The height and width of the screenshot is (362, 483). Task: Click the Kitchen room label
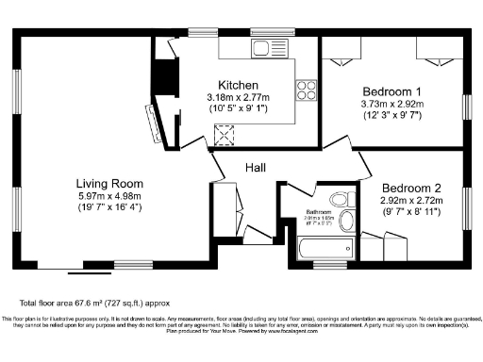[x=238, y=85]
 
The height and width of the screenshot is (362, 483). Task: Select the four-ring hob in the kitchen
[x=306, y=90]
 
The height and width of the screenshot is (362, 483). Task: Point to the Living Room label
[x=110, y=183]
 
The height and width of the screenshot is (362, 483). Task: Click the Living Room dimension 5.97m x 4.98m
[x=110, y=195]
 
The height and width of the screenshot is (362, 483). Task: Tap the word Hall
[x=256, y=167]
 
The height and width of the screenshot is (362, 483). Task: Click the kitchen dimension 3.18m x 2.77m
[x=238, y=97]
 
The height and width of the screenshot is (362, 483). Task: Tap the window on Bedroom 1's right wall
[x=465, y=107]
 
